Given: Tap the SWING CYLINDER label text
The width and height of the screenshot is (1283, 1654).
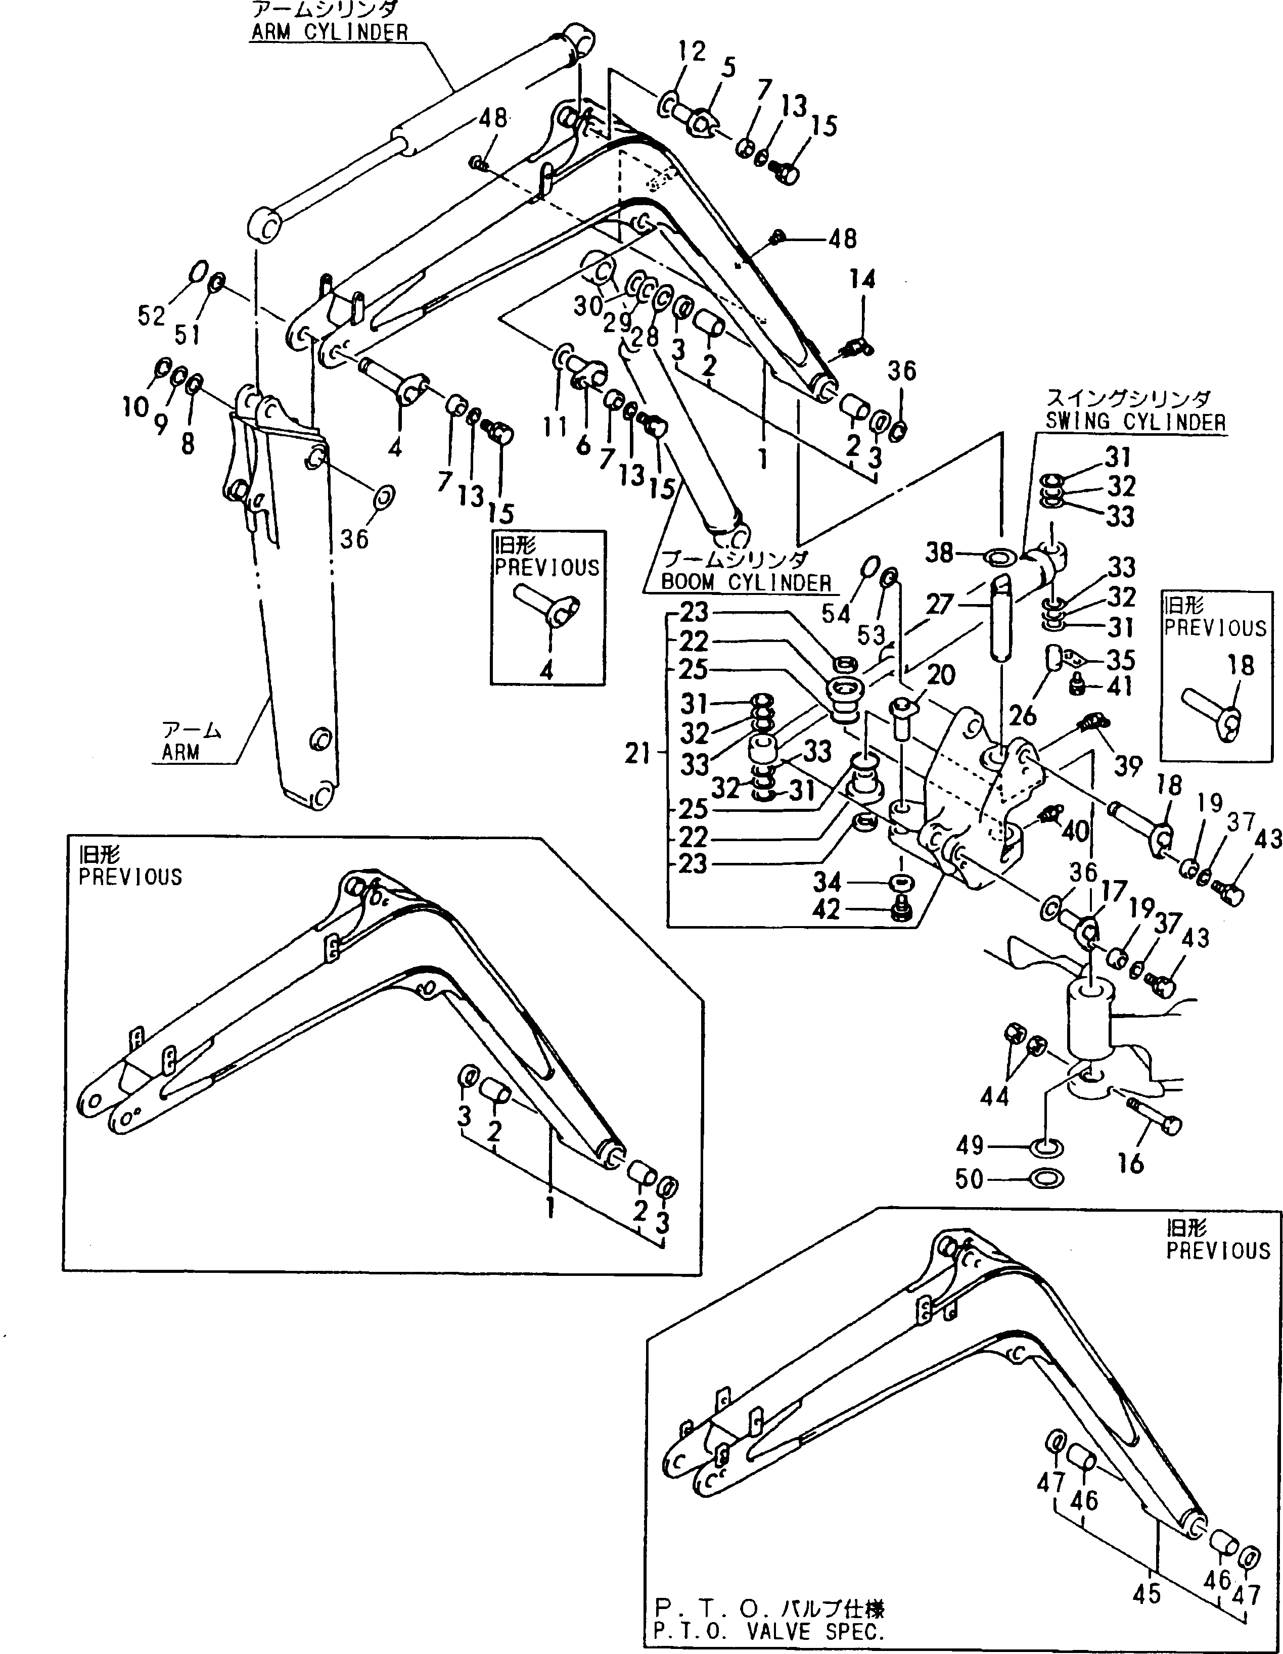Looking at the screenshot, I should (x=1135, y=422).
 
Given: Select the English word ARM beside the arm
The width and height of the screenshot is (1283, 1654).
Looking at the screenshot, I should (x=180, y=753).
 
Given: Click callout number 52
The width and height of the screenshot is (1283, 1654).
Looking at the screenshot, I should (x=151, y=316).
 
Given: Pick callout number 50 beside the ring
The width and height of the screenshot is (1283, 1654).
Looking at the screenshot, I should (x=970, y=1179).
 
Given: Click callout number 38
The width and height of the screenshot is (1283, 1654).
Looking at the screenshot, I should (x=939, y=553).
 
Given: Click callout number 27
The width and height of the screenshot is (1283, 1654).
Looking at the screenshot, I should (x=939, y=605).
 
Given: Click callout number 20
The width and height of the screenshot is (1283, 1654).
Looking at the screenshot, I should (x=941, y=674).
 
